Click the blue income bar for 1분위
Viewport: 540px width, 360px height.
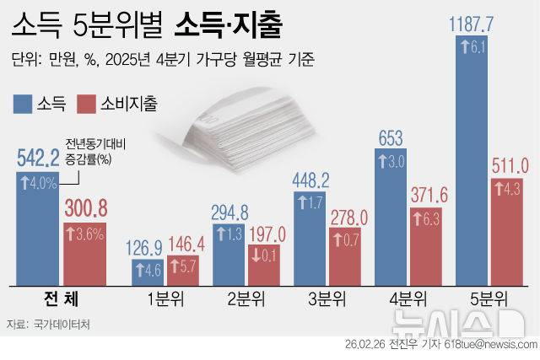149,271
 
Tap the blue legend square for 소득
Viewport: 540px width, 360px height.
23,104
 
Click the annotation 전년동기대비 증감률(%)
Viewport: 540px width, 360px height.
92,150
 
